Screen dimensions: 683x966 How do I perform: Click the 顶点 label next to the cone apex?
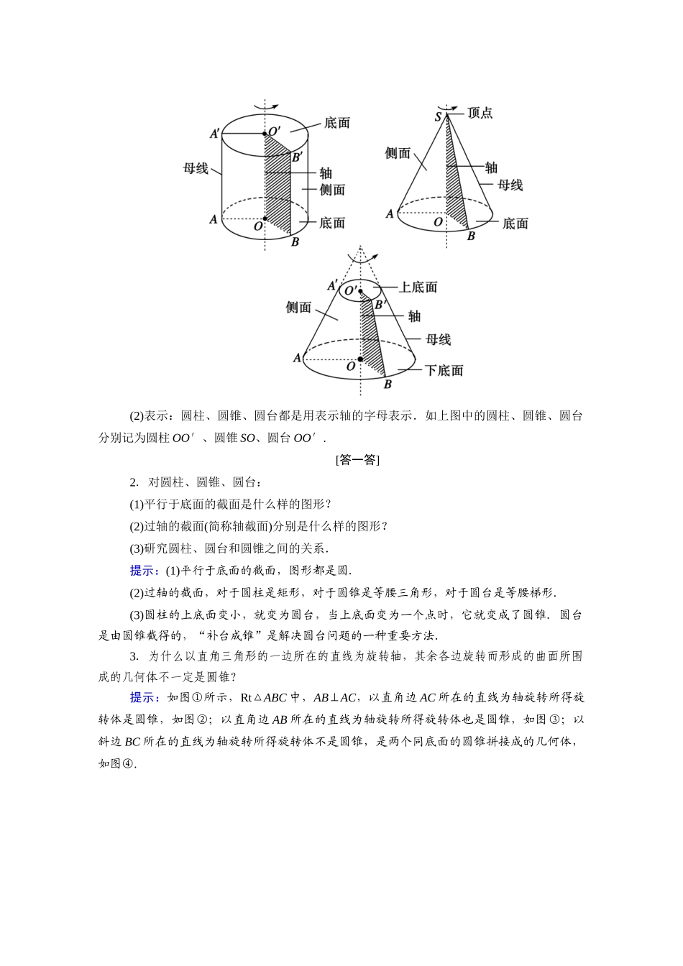pos(480,113)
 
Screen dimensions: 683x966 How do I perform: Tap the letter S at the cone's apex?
pos(438,117)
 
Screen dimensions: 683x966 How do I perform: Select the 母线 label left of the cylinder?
pos(196,168)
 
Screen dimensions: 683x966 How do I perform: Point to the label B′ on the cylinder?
pos(297,156)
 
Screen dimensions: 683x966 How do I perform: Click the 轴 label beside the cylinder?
pos(326,172)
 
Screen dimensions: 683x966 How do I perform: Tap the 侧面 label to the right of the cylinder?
pos(332,190)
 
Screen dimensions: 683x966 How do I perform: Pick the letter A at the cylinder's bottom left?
pos(213,219)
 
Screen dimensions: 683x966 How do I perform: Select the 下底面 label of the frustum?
pos(444,370)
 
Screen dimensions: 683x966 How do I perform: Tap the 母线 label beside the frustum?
pos(438,339)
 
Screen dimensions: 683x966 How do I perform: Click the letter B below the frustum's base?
pos(388,385)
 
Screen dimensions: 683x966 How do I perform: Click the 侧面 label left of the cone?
pos(398,153)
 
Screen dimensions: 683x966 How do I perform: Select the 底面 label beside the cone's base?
pos(515,224)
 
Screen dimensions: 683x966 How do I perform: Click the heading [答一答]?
pos(357,460)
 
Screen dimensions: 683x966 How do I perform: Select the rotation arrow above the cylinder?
pos(265,106)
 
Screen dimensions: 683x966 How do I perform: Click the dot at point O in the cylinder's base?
pos(265,218)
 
